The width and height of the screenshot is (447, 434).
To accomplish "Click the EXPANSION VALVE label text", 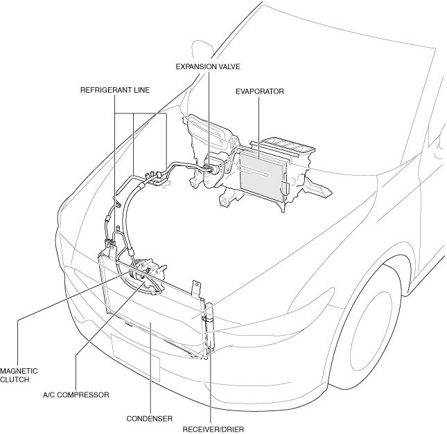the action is click(208, 66).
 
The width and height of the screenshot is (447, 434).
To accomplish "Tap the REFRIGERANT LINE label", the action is click(115, 90).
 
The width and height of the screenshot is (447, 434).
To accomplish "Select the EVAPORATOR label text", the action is click(260, 91).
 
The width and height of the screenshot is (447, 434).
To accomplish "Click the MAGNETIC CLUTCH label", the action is click(19, 375).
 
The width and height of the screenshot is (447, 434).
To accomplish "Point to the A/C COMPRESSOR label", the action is click(76, 395).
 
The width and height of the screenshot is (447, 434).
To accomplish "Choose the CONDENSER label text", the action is click(150, 419).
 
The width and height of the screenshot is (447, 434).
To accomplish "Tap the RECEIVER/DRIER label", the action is click(213, 429).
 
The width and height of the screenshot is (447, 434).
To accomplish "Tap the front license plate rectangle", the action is click(135, 357).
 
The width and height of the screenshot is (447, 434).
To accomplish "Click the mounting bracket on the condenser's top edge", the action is click(197, 288).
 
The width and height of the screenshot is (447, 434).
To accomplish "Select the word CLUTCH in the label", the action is click(15, 379).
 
